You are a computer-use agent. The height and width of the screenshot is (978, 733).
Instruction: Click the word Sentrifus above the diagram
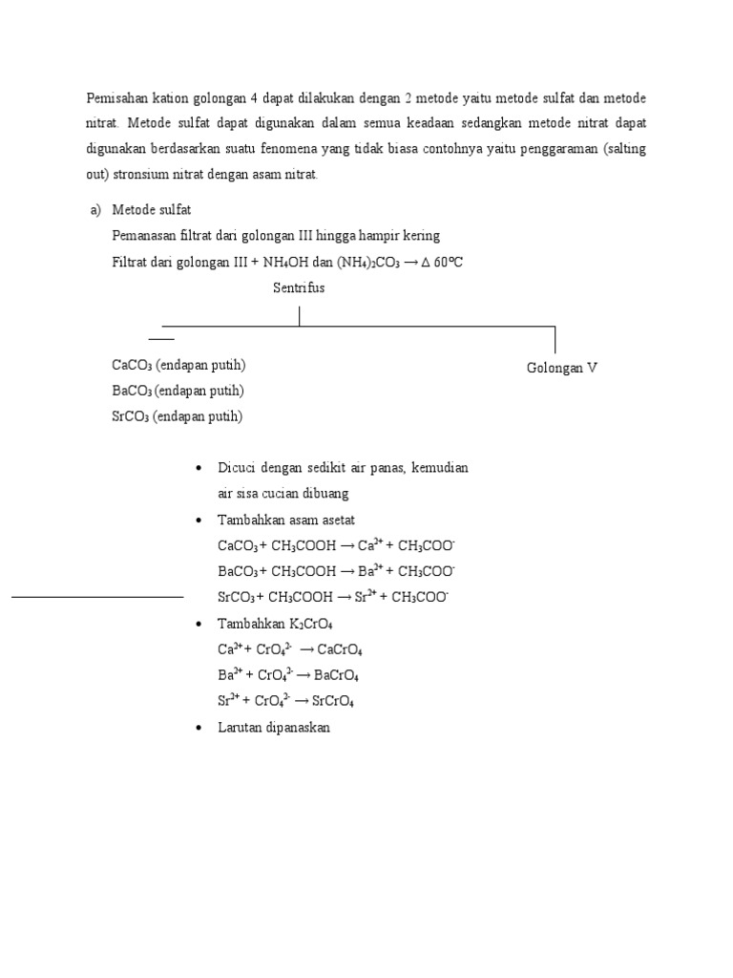pyautogui.click(x=299, y=288)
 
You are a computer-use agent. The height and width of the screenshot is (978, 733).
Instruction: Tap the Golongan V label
pyautogui.click(x=562, y=368)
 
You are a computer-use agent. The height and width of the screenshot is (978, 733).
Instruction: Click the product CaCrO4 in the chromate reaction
pyautogui.click(x=340, y=649)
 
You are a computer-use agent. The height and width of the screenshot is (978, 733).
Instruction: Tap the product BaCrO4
pyautogui.click(x=335, y=675)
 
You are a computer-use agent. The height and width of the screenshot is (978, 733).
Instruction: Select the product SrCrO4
pyautogui.click(x=332, y=701)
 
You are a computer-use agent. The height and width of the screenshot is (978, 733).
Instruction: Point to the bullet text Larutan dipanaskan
pyautogui.click(x=274, y=727)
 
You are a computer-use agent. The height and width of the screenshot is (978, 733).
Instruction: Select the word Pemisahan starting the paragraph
pyautogui.click(x=117, y=98)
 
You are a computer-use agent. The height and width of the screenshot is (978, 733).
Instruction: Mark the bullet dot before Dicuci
pyautogui.click(x=197, y=469)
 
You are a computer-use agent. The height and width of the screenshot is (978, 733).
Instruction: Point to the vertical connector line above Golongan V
pyautogui.click(x=555, y=339)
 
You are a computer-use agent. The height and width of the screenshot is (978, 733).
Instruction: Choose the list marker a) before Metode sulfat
pyautogui.click(x=94, y=210)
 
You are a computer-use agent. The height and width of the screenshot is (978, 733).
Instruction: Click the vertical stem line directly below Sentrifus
pyautogui.click(x=300, y=315)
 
